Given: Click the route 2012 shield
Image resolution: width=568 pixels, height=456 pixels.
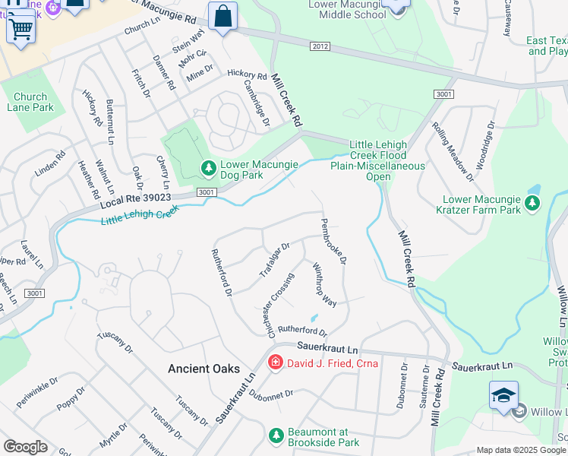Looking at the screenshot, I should pyautogui.click(x=320, y=47).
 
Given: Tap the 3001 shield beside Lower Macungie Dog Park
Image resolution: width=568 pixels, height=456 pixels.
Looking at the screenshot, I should pyautogui.click(x=205, y=193).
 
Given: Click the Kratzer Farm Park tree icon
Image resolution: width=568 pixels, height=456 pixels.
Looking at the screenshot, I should pyautogui.click(x=532, y=202).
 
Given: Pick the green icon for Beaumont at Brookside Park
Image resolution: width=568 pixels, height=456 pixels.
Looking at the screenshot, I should pyautogui.click(x=276, y=435).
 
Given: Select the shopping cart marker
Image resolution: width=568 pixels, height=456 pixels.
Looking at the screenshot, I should pyautogui.click(x=21, y=29).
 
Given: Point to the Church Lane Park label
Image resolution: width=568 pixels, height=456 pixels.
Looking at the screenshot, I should pyautogui.click(x=30, y=102).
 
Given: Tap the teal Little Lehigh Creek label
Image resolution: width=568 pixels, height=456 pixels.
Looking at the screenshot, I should pyautogui.click(x=140, y=217).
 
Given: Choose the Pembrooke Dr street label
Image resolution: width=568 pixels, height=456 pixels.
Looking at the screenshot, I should pyautogui.click(x=333, y=241).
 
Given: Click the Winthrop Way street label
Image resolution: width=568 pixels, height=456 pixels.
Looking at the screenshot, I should pyautogui.click(x=324, y=284).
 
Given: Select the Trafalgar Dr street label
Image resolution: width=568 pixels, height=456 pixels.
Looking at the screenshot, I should pyautogui.click(x=275, y=260).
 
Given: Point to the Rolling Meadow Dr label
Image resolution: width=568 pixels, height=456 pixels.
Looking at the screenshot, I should pyautogui.click(x=453, y=150).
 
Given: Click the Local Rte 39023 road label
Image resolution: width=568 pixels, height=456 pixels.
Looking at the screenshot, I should pyautogui.click(x=135, y=201).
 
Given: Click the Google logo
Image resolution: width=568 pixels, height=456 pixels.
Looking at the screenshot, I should pyautogui.click(x=25, y=447).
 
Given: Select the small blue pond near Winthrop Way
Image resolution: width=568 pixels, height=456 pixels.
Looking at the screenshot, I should pyautogui.click(x=313, y=318).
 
